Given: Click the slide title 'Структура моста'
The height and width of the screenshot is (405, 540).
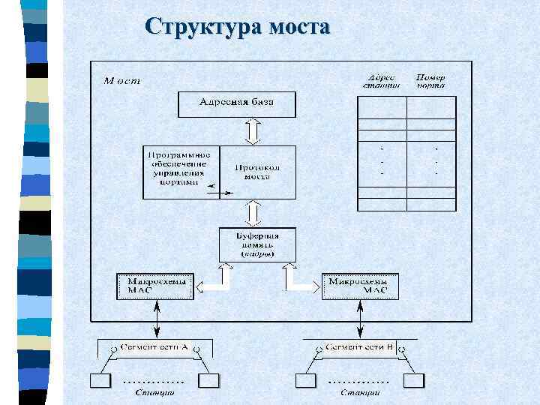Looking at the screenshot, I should tap(238, 27).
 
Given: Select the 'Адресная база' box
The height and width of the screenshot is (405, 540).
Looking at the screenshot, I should tap(237, 103).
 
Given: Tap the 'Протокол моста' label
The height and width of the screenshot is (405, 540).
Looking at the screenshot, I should tap(257, 172).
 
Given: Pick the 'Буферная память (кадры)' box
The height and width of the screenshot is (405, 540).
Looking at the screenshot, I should tap(257, 244).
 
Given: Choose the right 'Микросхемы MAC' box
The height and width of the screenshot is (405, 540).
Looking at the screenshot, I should tap(359, 286).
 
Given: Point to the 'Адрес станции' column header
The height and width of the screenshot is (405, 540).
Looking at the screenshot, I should tap(382, 82).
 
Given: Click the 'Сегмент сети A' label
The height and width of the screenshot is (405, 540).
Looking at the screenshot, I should tap(156, 347).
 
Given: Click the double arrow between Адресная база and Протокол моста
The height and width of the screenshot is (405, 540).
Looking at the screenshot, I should tap(253, 130).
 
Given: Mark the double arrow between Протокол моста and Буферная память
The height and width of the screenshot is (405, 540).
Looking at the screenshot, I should tap(253, 213).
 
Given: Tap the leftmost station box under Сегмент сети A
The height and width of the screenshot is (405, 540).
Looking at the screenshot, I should tap(100, 381).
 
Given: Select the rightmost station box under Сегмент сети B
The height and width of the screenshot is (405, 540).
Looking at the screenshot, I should tap(414, 381).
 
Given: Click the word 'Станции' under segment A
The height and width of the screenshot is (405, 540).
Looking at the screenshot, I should tap(155, 392).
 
